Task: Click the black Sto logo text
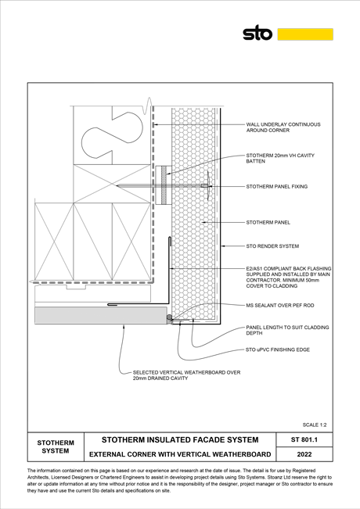(257, 33)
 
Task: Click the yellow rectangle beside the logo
(305, 34)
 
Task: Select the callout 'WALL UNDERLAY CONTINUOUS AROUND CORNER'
(283, 127)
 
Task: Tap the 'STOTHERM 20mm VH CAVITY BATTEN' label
(280, 158)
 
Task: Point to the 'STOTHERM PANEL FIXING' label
(276, 187)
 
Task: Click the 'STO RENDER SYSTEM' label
(272, 246)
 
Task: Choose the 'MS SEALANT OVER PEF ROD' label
(279, 305)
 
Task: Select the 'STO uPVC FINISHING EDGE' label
(278, 349)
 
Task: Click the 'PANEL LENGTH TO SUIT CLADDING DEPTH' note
(287, 330)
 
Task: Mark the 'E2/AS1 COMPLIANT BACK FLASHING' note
(289, 278)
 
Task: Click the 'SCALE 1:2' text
(315, 425)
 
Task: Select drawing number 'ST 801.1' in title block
(304, 440)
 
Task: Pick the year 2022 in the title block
(304, 454)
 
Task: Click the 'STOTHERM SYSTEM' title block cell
(56, 446)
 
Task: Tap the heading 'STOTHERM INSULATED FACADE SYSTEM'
(180, 440)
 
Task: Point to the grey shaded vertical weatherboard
(101, 315)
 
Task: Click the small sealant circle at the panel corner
(169, 317)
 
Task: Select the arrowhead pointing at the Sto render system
(224, 246)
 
